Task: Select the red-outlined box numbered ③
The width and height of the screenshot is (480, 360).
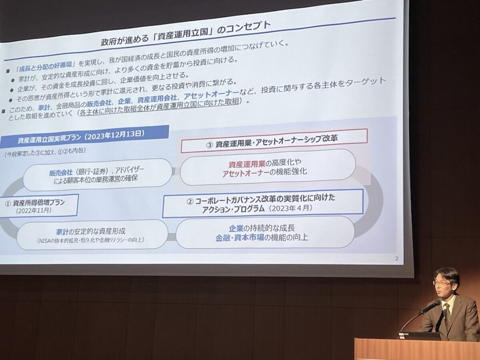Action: (x=274, y=140)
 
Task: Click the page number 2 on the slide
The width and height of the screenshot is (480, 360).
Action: (x=396, y=258)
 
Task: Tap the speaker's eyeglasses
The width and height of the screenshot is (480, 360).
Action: (x=442, y=282)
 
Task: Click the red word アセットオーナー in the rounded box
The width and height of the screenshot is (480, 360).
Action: (x=245, y=174)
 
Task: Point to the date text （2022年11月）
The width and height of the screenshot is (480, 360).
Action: (x=34, y=210)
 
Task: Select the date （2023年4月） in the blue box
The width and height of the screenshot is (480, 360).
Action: (x=290, y=208)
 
